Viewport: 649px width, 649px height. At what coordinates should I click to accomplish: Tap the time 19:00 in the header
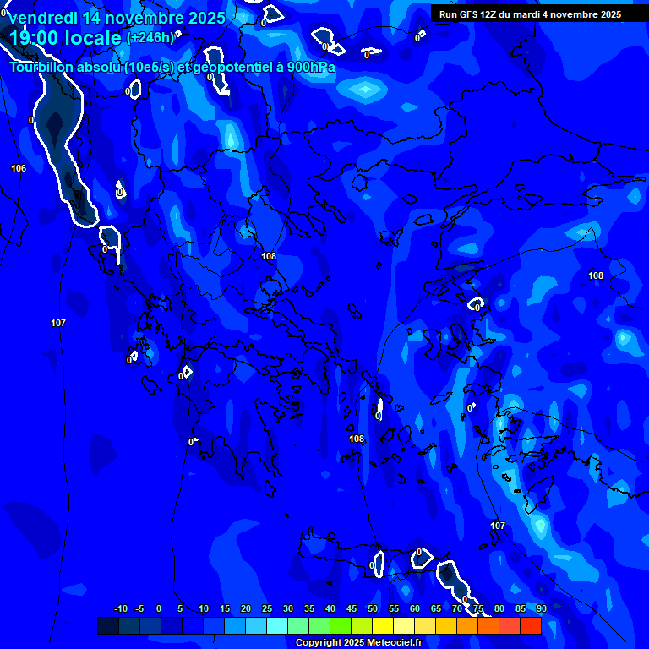[x=35, y=37]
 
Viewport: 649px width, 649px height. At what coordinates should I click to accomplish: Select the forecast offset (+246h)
[x=150, y=37]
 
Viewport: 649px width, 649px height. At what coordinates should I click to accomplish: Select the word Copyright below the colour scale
[x=319, y=643]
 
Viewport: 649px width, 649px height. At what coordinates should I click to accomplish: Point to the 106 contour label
[x=19, y=168]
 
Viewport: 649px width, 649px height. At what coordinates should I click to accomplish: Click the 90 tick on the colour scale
[x=541, y=608]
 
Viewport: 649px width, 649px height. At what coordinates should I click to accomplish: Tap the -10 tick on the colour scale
[x=120, y=608]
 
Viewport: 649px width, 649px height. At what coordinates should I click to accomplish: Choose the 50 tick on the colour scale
[x=373, y=608]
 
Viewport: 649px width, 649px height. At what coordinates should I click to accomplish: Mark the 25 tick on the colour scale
[x=267, y=608]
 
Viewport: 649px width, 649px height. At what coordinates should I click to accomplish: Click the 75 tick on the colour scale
[x=478, y=608]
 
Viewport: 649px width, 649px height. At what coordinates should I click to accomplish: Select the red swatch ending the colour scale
[x=531, y=625]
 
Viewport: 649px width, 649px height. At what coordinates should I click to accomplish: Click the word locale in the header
[x=93, y=37]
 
